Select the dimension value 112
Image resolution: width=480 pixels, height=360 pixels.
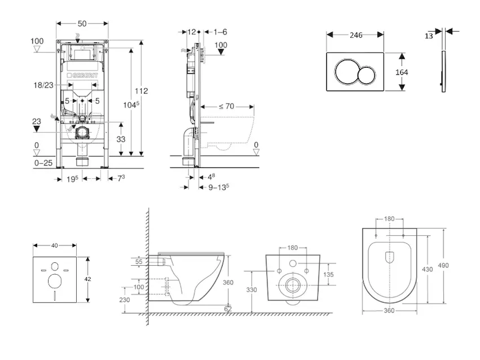point(141,91)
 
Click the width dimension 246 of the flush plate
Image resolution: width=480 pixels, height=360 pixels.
point(356,35)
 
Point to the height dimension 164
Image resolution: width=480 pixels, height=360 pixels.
point(402,72)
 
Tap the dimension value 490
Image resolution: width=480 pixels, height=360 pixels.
point(444,265)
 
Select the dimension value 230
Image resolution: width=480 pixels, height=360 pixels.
point(125,300)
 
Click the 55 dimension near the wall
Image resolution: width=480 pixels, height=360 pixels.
point(139,262)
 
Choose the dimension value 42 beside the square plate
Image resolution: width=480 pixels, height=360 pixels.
point(88,279)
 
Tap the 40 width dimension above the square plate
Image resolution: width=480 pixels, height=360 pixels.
point(55,245)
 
